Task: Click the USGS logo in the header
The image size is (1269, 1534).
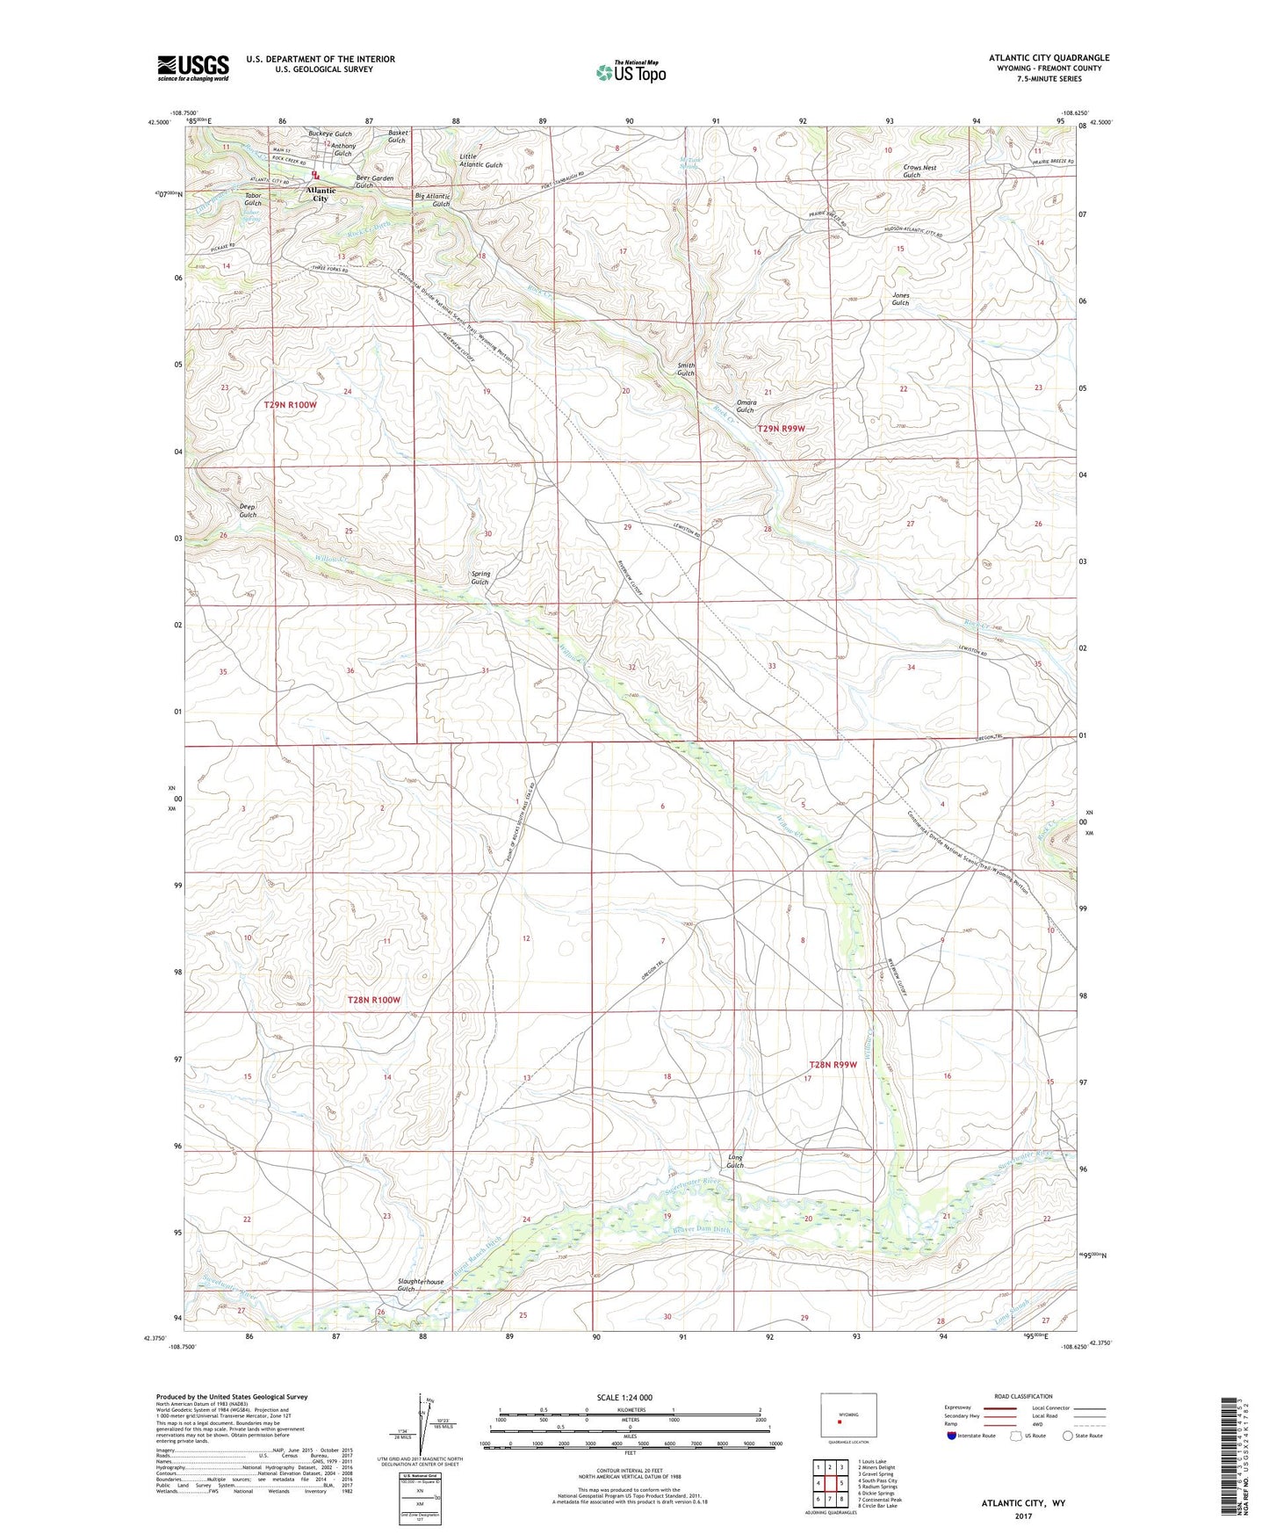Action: click(x=193, y=68)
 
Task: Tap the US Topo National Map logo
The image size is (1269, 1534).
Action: click(x=630, y=72)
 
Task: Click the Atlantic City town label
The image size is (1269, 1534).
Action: click(x=321, y=194)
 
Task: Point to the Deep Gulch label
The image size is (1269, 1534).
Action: click(x=248, y=510)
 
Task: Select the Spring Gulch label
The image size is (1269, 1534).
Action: click(x=479, y=577)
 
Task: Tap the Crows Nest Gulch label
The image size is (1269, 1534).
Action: click(x=919, y=170)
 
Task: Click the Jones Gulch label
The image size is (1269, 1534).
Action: click(x=900, y=299)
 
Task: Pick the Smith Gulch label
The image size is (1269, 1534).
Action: click(x=686, y=369)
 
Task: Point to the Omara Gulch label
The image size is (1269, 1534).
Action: click(x=745, y=406)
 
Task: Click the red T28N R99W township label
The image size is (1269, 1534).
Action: click(x=832, y=1065)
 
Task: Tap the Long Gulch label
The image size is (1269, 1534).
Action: click(x=735, y=1161)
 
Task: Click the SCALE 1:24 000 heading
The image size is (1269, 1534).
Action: click(x=624, y=1397)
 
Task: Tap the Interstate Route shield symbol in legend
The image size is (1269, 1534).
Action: click(x=952, y=1436)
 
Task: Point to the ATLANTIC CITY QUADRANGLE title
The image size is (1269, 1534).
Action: click(x=1049, y=58)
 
